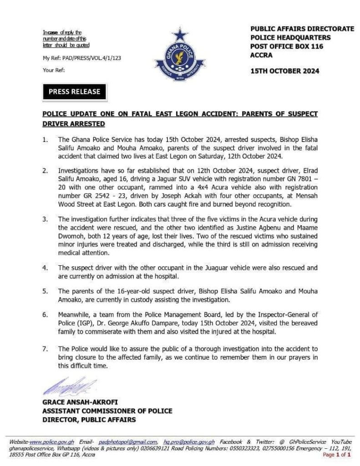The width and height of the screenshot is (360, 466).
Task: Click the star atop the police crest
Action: pos(180,35)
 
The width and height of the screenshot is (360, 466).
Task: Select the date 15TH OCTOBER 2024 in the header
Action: pos(284,71)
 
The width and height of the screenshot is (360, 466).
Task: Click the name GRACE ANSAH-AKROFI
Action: pos(79,402)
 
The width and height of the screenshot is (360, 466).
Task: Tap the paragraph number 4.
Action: pos(45,268)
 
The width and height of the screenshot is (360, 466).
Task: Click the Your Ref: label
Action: pos(54,70)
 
